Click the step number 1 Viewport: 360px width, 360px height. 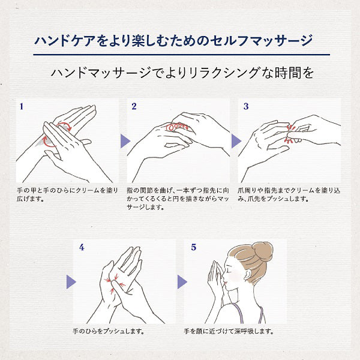(22, 107)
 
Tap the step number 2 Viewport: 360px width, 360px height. (134, 106)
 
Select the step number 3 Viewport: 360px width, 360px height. (246, 106)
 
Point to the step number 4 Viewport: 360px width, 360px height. (82, 247)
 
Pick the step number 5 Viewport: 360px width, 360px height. (194, 247)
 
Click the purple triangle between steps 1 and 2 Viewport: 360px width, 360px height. (125, 141)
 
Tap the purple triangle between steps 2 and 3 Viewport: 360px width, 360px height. (236, 141)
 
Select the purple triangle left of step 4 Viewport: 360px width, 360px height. (71, 282)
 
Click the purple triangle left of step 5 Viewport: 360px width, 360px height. (182, 282)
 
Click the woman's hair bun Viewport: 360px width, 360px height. (262, 251)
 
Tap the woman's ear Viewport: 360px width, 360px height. (247, 274)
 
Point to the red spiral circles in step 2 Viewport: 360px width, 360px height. (177, 127)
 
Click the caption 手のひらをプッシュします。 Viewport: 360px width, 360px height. (109, 331)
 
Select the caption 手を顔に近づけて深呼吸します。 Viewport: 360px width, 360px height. (229, 331)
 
